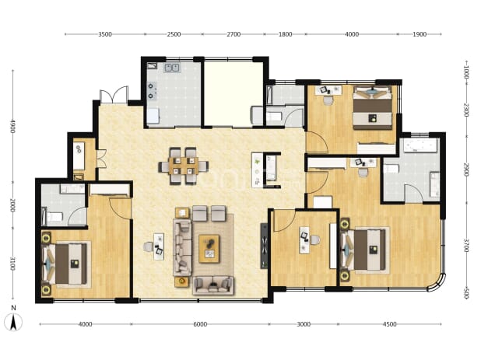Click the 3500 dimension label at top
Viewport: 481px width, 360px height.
click(x=105, y=34)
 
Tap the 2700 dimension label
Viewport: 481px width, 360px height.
click(x=233, y=34)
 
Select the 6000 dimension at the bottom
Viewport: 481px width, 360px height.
click(x=200, y=324)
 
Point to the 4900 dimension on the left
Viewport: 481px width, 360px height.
click(x=12, y=126)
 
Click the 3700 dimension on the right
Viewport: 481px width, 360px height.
click(x=466, y=246)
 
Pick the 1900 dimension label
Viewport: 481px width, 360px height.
click(x=420, y=34)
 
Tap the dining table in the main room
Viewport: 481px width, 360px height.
click(x=183, y=166)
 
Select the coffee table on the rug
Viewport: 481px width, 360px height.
click(x=209, y=249)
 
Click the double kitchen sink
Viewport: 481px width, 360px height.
click(x=172, y=68)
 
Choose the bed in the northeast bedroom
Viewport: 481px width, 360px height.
click(x=372, y=108)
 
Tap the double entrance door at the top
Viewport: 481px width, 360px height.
click(x=114, y=95)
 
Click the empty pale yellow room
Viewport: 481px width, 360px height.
click(x=233, y=94)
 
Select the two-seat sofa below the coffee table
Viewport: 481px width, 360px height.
click(x=213, y=285)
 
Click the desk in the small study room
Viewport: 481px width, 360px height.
click(x=304, y=240)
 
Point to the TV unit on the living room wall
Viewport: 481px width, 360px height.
click(x=264, y=246)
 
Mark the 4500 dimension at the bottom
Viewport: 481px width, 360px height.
click(x=390, y=324)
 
